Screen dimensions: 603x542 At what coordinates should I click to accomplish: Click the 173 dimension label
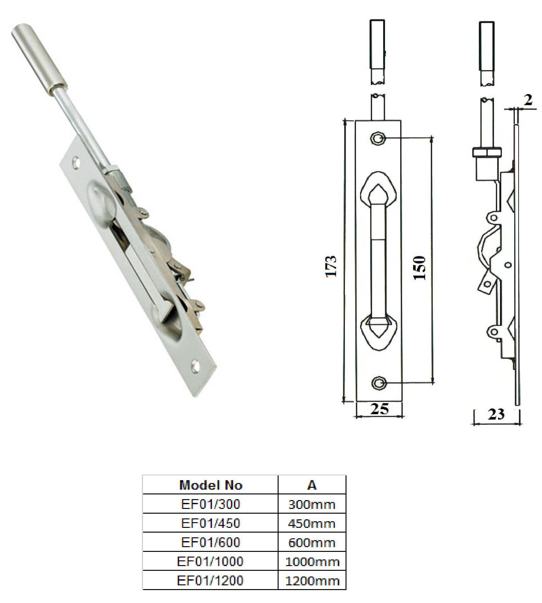(331, 266)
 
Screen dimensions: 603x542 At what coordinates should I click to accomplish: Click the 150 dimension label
(420, 268)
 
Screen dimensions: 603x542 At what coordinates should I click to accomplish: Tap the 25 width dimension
(379, 409)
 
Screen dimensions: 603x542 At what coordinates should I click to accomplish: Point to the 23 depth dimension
(496, 414)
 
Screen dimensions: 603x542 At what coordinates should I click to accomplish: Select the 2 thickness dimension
(528, 100)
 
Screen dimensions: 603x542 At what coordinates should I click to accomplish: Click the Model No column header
(211, 485)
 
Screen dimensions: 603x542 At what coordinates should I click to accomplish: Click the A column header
(312, 485)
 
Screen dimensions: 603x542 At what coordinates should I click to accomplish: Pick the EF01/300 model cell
(211, 504)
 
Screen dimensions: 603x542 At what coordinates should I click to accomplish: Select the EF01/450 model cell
(211, 523)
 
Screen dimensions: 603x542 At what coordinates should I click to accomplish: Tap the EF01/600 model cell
(211, 542)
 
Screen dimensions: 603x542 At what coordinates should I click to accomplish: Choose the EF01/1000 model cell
(211, 561)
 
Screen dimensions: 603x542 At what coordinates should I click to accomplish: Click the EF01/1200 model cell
(211, 580)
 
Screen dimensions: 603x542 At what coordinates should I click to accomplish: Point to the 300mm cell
(312, 504)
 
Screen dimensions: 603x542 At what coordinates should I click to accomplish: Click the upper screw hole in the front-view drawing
(377, 138)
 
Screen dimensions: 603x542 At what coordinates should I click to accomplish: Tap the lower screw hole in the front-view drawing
(377, 383)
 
